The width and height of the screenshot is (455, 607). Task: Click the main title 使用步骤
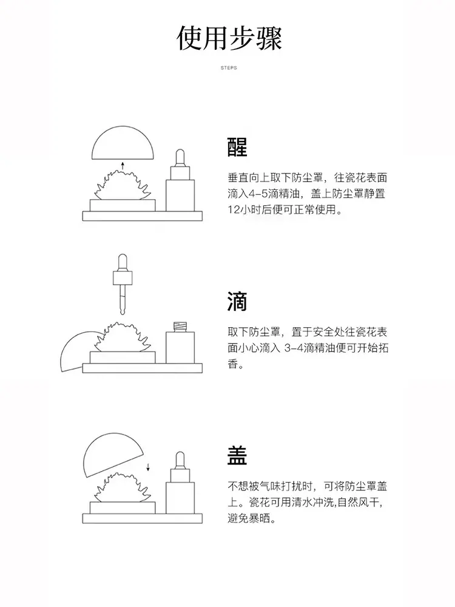click(x=229, y=39)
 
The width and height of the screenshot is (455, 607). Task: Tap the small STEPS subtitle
click(x=229, y=68)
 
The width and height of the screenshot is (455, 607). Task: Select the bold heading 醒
click(x=237, y=147)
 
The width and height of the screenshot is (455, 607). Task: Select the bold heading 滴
click(x=237, y=302)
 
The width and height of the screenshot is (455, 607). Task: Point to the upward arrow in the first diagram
click(x=123, y=166)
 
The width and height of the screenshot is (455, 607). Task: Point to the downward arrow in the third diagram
click(x=148, y=467)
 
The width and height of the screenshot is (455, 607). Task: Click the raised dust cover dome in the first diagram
click(x=123, y=143)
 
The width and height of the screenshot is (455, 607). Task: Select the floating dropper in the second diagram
click(x=123, y=284)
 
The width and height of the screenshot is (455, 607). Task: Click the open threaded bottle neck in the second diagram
click(x=180, y=327)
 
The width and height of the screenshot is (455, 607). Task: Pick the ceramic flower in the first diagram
click(x=123, y=185)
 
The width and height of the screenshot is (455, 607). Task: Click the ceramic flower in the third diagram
click(x=123, y=488)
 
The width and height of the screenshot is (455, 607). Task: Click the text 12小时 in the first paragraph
click(x=244, y=209)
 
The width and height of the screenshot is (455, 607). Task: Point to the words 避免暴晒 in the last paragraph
click(x=249, y=518)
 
